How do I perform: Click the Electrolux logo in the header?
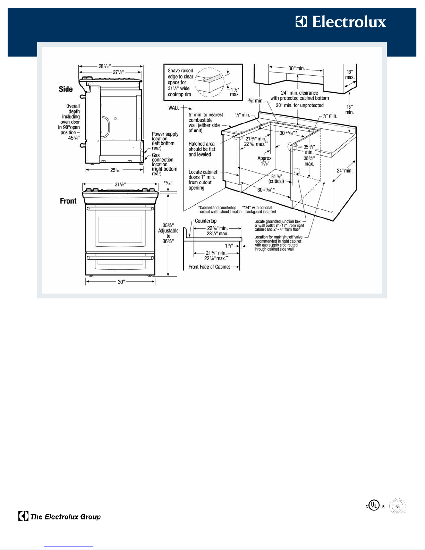(x=341, y=22)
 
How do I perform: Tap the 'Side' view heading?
(x=66, y=89)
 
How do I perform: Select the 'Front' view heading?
(x=68, y=201)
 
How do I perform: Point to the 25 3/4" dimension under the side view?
(x=116, y=170)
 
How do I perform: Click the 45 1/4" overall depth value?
(x=74, y=138)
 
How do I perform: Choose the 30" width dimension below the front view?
(x=121, y=282)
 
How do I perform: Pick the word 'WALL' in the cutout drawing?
(x=174, y=108)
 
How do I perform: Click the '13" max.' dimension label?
(x=350, y=75)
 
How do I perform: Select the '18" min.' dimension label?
(x=349, y=110)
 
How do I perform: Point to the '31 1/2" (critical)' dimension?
(x=276, y=179)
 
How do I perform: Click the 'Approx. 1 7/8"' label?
(x=265, y=161)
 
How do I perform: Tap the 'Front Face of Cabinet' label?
(x=209, y=267)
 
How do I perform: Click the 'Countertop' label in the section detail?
(x=205, y=221)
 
